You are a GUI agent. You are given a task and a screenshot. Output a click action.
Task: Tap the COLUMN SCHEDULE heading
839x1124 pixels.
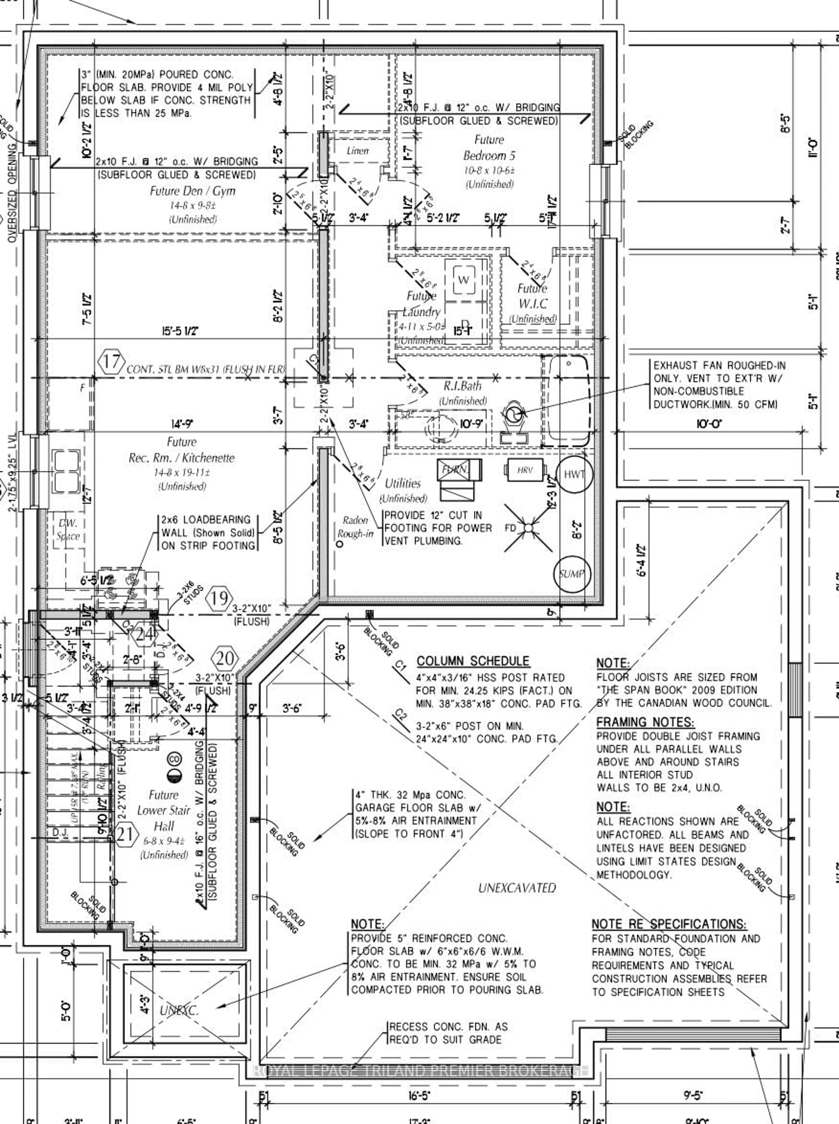tap(473, 661)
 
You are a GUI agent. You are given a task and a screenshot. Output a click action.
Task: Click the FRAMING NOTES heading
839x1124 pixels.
tap(645, 722)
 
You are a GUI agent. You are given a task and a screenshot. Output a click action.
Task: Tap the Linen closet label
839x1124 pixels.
tap(357, 151)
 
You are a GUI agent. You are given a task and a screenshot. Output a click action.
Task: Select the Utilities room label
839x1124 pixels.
tap(403, 483)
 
